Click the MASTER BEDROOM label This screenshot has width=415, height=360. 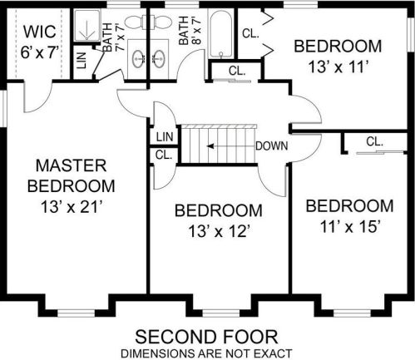pos(72,175)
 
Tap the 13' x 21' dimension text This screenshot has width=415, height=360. pos(70,207)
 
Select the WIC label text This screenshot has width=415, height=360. pos(40,32)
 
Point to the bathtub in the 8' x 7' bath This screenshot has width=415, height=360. pos(221,34)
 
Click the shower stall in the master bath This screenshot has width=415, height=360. pos(87,26)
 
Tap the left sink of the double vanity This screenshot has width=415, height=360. pos(138,59)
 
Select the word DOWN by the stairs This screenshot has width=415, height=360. pos(272,145)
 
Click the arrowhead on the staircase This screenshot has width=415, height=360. pos(210,146)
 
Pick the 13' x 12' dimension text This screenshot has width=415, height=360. pos(219,231)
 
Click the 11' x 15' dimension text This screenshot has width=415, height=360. pos(349,226)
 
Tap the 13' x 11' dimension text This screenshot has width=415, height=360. pos(338,67)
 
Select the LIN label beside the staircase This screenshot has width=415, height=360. pos(165,137)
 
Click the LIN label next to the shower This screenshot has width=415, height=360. pos(82,61)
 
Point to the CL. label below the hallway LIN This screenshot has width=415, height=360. pos(164,155)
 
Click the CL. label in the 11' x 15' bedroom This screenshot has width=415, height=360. pos(374,141)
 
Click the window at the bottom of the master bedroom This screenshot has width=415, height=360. pos(76,313)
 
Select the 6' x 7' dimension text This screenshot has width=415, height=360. pos(40,52)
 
